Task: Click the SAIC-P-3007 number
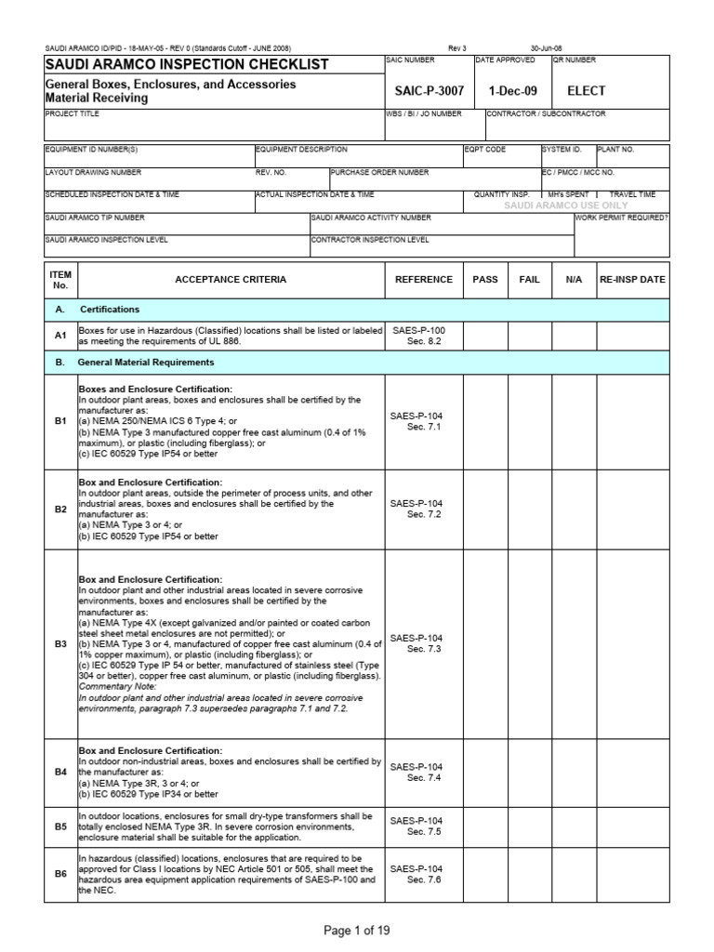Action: [428, 91]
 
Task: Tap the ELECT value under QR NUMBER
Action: [586, 91]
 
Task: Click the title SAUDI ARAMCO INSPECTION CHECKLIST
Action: [187, 64]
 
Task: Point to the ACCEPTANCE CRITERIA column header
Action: [231, 279]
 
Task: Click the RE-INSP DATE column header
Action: [632, 279]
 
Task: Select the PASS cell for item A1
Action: [485, 336]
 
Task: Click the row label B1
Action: [60, 421]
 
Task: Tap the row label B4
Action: [60, 772]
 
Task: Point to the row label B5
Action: [60, 826]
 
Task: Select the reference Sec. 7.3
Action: [423, 649]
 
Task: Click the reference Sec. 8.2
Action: [423, 341]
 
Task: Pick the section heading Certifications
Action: [110, 309]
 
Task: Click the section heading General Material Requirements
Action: [147, 362]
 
